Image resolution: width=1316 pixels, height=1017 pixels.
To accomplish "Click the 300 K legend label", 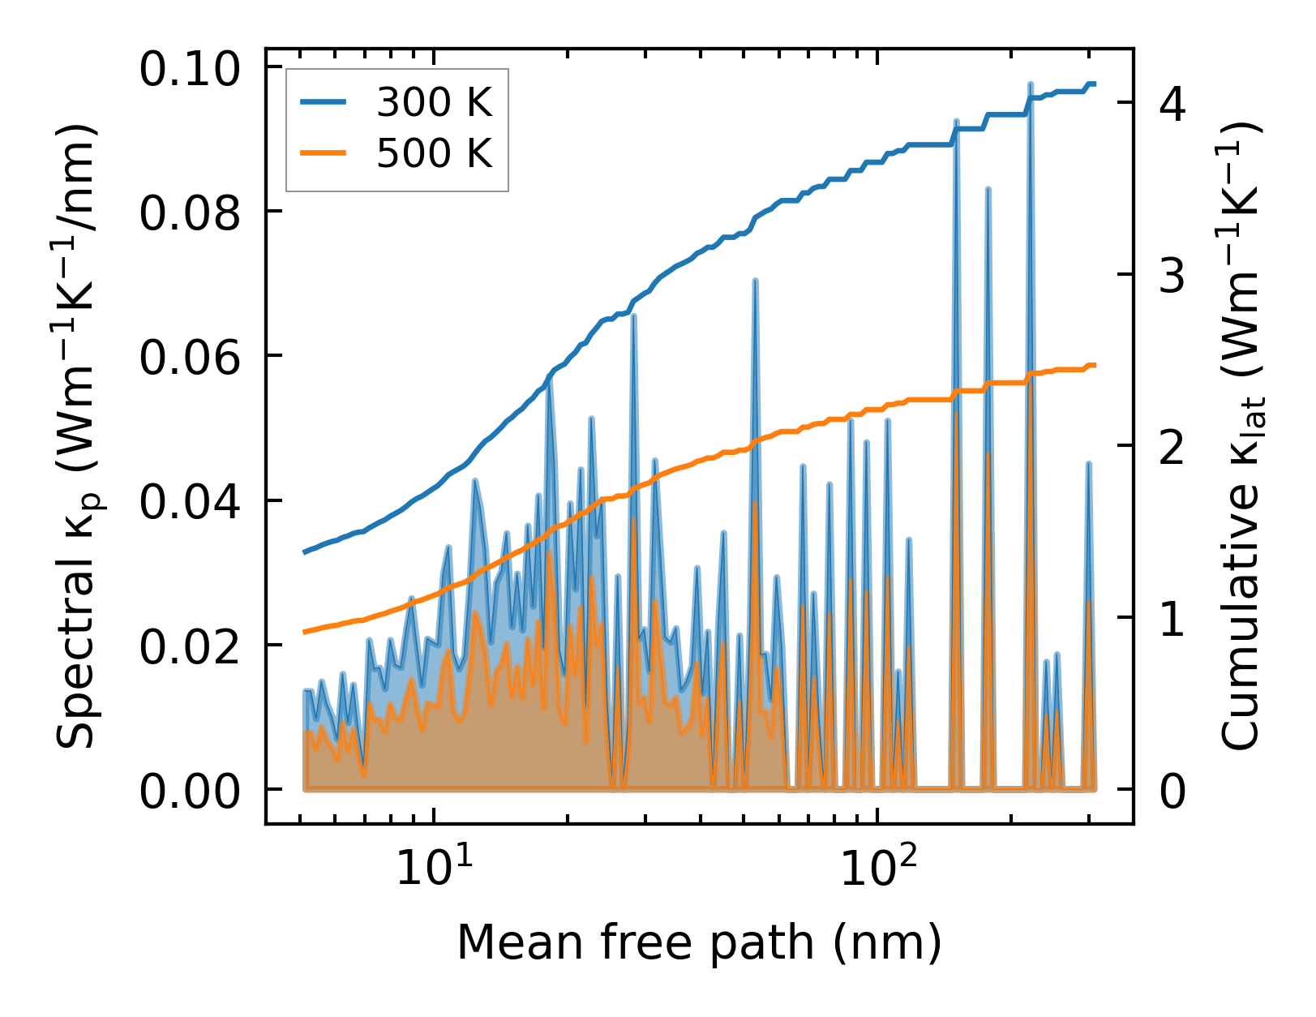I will (434, 103).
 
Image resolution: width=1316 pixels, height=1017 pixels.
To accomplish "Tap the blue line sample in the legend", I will (324, 102).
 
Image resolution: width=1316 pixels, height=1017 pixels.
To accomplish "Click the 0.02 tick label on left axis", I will (190, 646).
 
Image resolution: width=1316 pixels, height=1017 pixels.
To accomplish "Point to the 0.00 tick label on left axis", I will (190, 791).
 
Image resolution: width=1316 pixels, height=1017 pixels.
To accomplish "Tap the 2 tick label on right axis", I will (1172, 448).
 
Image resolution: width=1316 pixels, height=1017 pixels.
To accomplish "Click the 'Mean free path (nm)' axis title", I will (699, 942).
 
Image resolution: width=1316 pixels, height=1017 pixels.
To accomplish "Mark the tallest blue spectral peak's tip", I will (1031, 84).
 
